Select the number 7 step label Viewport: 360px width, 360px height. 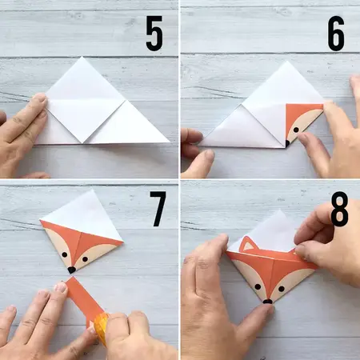point(158,210)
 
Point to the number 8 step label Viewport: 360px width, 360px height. point(339,214)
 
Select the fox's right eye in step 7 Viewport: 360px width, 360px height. point(88,256)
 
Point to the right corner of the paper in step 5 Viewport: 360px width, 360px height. point(169,142)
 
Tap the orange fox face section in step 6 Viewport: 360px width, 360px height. point(302,120)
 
